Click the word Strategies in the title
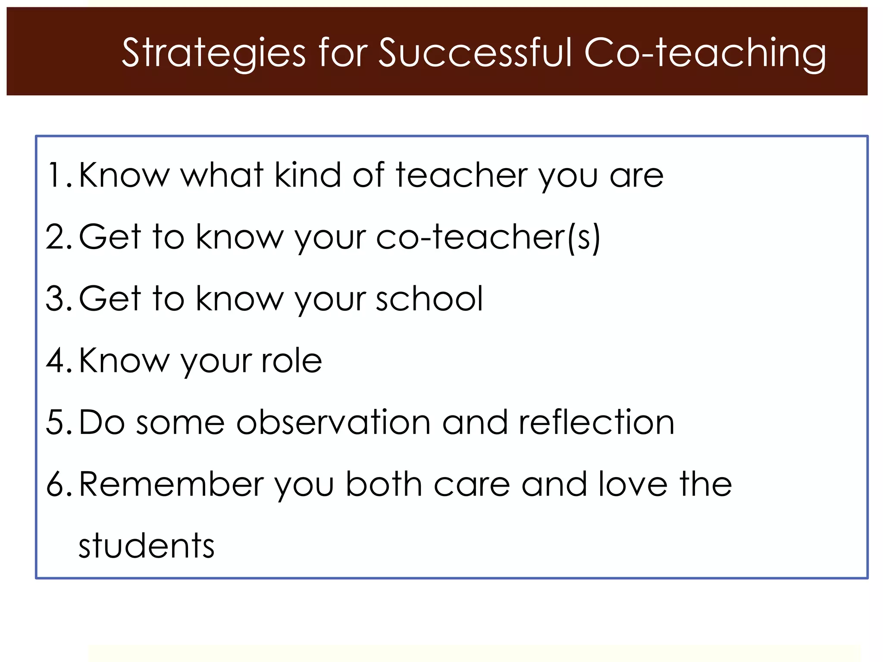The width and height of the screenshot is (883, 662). pyautogui.click(x=213, y=53)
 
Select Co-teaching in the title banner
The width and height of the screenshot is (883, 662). pyautogui.click(x=705, y=53)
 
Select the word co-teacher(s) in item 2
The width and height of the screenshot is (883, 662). pyautogui.click(x=488, y=237)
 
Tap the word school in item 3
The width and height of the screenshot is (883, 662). pyautogui.click(x=429, y=298)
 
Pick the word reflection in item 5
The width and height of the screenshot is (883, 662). pyautogui.click(x=596, y=422)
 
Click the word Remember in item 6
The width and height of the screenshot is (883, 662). pyautogui.click(x=171, y=484)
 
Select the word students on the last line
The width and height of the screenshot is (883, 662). pyautogui.click(x=147, y=546)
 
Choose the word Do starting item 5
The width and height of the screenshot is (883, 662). pyautogui.click(x=102, y=422)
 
